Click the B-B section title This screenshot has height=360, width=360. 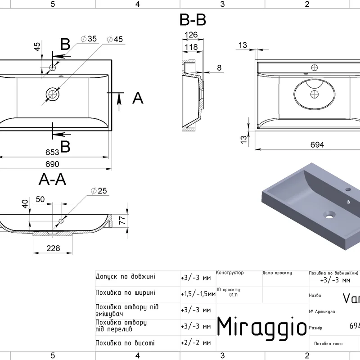(x=193, y=20)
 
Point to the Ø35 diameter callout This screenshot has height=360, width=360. (x=89, y=39)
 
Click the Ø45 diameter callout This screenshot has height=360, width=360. (x=115, y=39)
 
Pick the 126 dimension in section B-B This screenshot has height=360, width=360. (x=192, y=35)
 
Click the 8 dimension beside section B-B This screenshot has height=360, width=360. (x=219, y=67)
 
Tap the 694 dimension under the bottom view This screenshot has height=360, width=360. (x=318, y=144)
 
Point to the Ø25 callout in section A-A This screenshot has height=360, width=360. (x=99, y=191)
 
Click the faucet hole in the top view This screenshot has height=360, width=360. (x=52, y=67)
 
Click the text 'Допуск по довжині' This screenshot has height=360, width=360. (x=126, y=276)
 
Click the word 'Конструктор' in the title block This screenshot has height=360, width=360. (x=230, y=273)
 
